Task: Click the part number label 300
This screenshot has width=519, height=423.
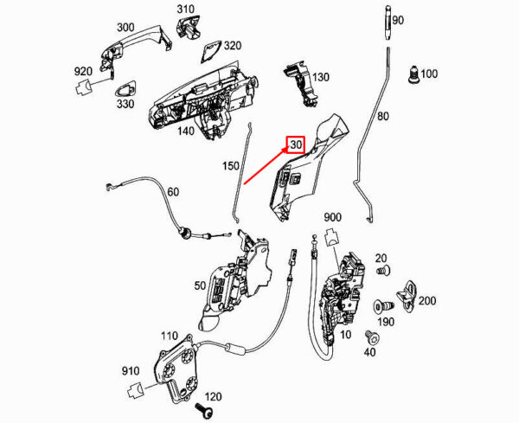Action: pos(125,27)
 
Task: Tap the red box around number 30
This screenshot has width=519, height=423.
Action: pos(295,144)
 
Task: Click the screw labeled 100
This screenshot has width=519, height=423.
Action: pos(413,74)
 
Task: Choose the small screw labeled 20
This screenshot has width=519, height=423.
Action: pos(383,270)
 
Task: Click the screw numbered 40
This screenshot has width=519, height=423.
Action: pos(372,337)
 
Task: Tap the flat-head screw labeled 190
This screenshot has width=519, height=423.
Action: pos(383,305)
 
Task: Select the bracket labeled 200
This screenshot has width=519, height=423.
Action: pos(407,296)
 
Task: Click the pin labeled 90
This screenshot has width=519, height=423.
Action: pos(388,23)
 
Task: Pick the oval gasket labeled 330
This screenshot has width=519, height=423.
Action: pos(125,88)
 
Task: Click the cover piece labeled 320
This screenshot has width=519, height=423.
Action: pos(210,52)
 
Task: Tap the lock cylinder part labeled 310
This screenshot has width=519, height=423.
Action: pos(189,27)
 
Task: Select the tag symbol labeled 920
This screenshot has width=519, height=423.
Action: pos(83,87)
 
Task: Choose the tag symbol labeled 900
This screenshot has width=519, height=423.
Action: pos(331,237)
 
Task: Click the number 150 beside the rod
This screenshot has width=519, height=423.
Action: pos(231,165)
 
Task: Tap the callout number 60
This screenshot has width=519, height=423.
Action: pos(173,192)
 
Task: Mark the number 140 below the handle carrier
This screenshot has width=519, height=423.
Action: pos(186,131)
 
